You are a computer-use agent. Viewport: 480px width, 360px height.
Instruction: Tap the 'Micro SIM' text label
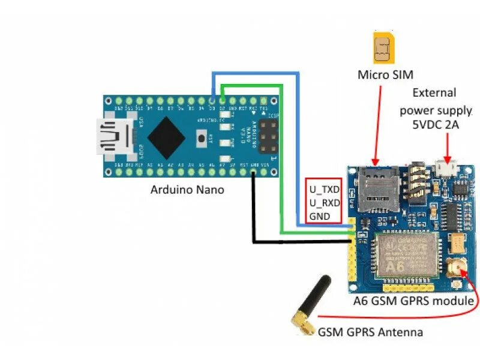pyautogui.click(x=386, y=74)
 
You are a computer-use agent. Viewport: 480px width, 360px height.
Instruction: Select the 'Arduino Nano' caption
pyautogui.click(x=187, y=190)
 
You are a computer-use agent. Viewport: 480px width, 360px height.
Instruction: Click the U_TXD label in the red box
pyautogui.click(x=324, y=189)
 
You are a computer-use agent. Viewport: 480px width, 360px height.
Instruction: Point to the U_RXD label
pyautogui.click(x=324, y=202)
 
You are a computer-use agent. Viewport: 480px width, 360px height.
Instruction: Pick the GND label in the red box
pyautogui.click(x=319, y=215)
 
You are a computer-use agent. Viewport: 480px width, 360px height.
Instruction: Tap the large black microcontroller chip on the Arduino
pyautogui.click(x=166, y=136)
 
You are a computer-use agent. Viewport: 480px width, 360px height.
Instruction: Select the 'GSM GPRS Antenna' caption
pyautogui.click(x=370, y=332)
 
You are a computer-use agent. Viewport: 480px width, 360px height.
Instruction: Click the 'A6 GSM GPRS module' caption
pyautogui.click(x=415, y=301)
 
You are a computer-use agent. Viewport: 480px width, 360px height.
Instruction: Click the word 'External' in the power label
pyautogui.click(x=434, y=93)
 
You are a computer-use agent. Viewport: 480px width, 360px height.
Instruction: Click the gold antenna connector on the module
pyautogui.click(x=457, y=268)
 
